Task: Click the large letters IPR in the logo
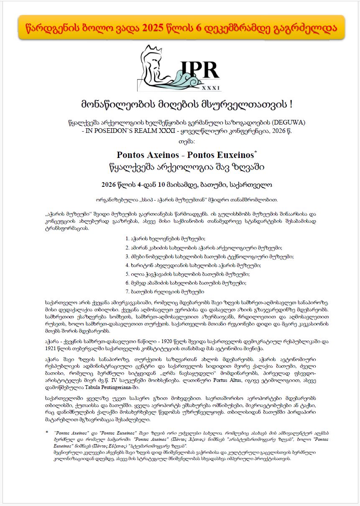199,69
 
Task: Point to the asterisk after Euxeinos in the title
255,151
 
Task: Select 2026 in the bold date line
110,184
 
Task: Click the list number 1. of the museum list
128,239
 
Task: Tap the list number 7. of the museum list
128,291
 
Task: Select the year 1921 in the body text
52,348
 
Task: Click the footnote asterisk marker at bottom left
47,433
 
